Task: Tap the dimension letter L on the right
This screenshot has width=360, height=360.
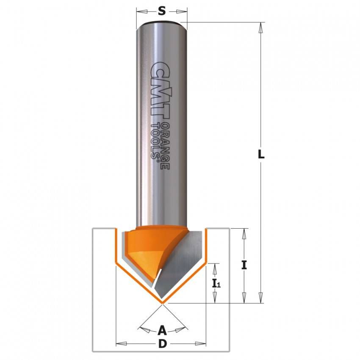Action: [261, 154]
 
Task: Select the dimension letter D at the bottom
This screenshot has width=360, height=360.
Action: [162, 344]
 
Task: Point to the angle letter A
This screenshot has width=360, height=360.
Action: [162, 331]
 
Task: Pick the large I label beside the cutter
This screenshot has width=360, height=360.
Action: [244, 265]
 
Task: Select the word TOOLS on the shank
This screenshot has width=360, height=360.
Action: [155, 141]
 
